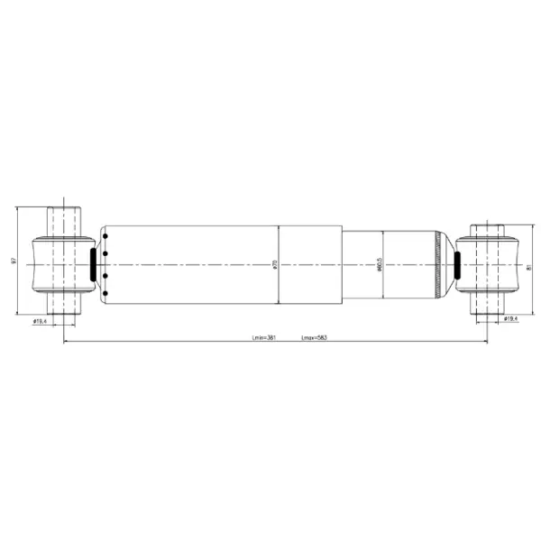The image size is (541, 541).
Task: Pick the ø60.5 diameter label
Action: (x=380, y=265)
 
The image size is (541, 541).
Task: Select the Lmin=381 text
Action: (x=263, y=338)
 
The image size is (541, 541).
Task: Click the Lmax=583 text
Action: (x=313, y=338)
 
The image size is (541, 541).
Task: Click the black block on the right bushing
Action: (x=456, y=266)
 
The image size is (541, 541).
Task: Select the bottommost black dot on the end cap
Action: (x=105, y=292)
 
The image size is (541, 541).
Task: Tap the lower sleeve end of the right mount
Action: (x=488, y=304)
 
